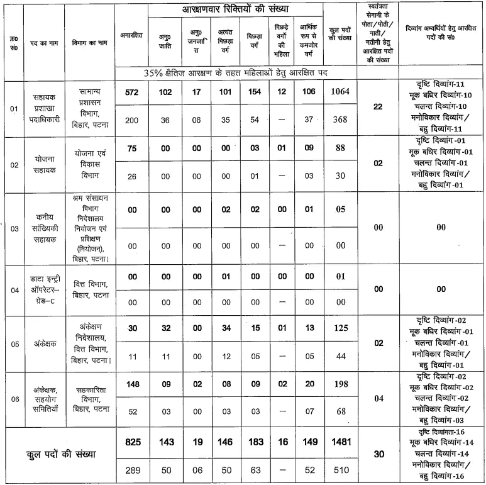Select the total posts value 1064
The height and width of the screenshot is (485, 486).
pyautogui.click(x=339, y=92)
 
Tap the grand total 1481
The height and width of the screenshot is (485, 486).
pyautogui.click(x=339, y=442)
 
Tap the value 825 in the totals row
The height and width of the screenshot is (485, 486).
pyautogui.click(x=132, y=442)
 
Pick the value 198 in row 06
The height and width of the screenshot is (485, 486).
pyautogui.click(x=339, y=384)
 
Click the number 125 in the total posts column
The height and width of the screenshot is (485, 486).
pyautogui.click(x=339, y=328)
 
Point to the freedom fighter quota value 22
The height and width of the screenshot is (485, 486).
pyautogui.click(x=377, y=106)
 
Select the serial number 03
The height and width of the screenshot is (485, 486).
pyautogui.click(x=14, y=229)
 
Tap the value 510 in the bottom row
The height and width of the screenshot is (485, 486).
pyautogui.click(x=339, y=470)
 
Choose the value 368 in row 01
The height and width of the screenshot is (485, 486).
pyautogui.click(x=339, y=120)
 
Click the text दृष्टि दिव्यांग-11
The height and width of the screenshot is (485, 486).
pyautogui.click(x=441, y=84)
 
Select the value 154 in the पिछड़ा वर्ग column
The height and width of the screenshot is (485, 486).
pyautogui.click(x=255, y=92)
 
